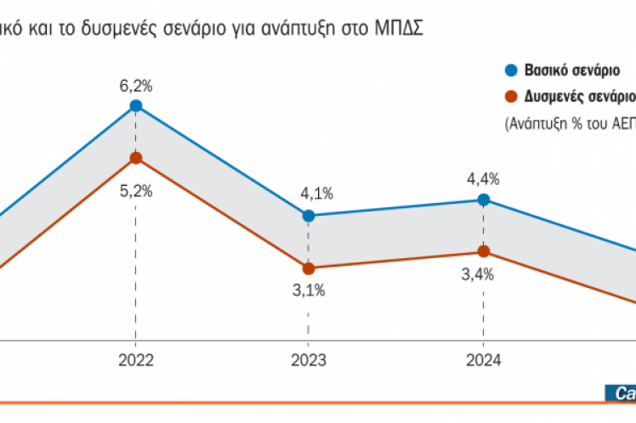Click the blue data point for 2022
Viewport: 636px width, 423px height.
pyautogui.click(x=135, y=105)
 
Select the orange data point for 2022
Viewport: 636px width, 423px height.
pyautogui.click(x=135, y=157)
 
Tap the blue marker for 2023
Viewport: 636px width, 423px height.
pyautogui.click(x=309, y=216)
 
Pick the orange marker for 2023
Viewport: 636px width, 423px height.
pyautogui.click(x=309, y=268)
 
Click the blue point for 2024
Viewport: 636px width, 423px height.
pyautogui.click(x=483, y=200)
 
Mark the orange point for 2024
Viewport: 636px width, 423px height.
pyautogui.click(x=483, y=251)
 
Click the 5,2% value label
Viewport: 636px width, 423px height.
pyautogui.click(x=135, y=191)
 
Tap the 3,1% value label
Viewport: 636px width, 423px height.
pyautogui.click(x=308, y=290)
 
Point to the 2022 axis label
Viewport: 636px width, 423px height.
pyautogui.click(x=135, y=358)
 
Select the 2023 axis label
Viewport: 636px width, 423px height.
pyautogui.click(x=309, y=358)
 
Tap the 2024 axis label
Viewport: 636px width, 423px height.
pyautogui.click(x=483, y=358)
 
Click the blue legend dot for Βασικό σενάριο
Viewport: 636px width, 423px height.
pyautogui.click(x=510, y=70)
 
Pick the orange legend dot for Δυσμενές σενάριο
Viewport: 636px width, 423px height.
pyautogui.click(x=510, y=96)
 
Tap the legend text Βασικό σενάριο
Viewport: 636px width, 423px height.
pyautogui.click(x=571, y=71)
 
